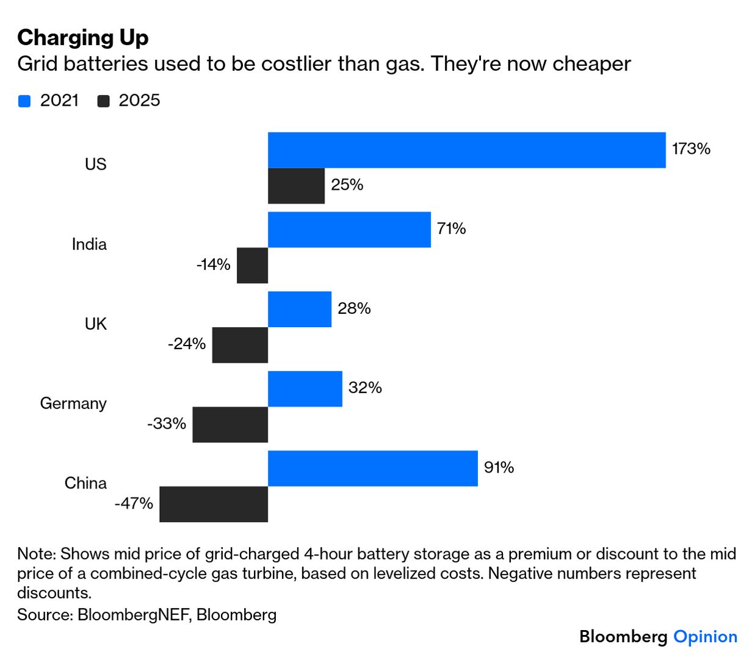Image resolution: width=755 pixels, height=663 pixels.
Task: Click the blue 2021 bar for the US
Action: pyautogui.click(x=466, y=150)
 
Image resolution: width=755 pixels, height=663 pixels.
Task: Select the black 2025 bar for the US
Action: pyautogui.click(x=296, y=186)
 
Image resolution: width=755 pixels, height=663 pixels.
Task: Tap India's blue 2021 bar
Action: pyautogui.click(x=349, y=230)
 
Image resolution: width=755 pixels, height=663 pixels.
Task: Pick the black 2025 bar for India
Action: pyautogui.click(x=252, y=266)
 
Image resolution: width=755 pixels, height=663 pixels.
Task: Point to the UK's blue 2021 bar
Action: pyautogui.click(x=300, y=309)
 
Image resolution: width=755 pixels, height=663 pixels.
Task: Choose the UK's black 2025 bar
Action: pyautogui.click(x=240, y=345)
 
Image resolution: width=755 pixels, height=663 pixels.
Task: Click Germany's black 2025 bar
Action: pyautogui.click(x=230, y=424)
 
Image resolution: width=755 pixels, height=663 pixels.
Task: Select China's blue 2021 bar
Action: pyautogui.click(x=372, y=468)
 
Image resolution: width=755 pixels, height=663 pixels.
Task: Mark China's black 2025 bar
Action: pyautogui.click(x=214, y=504)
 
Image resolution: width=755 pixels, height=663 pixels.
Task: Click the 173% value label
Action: pyautogui.click(x=691, y=149)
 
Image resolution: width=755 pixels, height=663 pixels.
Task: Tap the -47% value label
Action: pyautogui.click(x=134, y=504)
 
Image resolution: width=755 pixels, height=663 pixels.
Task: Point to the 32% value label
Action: pyautogui.click(x=365, y=388)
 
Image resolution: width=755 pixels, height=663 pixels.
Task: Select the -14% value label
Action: pyautogui.click(x=213, y=265)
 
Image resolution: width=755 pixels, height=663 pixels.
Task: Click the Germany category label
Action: pyautogui.click(x=73, y=404)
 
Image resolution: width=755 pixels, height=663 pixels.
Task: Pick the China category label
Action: pyautogui.click(x=85, y=484)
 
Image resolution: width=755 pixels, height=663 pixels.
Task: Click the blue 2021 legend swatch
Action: pyautogui.click(x=24, y=101)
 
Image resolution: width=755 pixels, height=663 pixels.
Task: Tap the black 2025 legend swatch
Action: pyautogui.click(x=103, y=101)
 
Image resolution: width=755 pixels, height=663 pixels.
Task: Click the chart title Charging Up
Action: pyautogui.click(x=83, y=38)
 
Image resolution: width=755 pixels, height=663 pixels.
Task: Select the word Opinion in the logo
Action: pyautogui.click(x=705, y=637)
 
